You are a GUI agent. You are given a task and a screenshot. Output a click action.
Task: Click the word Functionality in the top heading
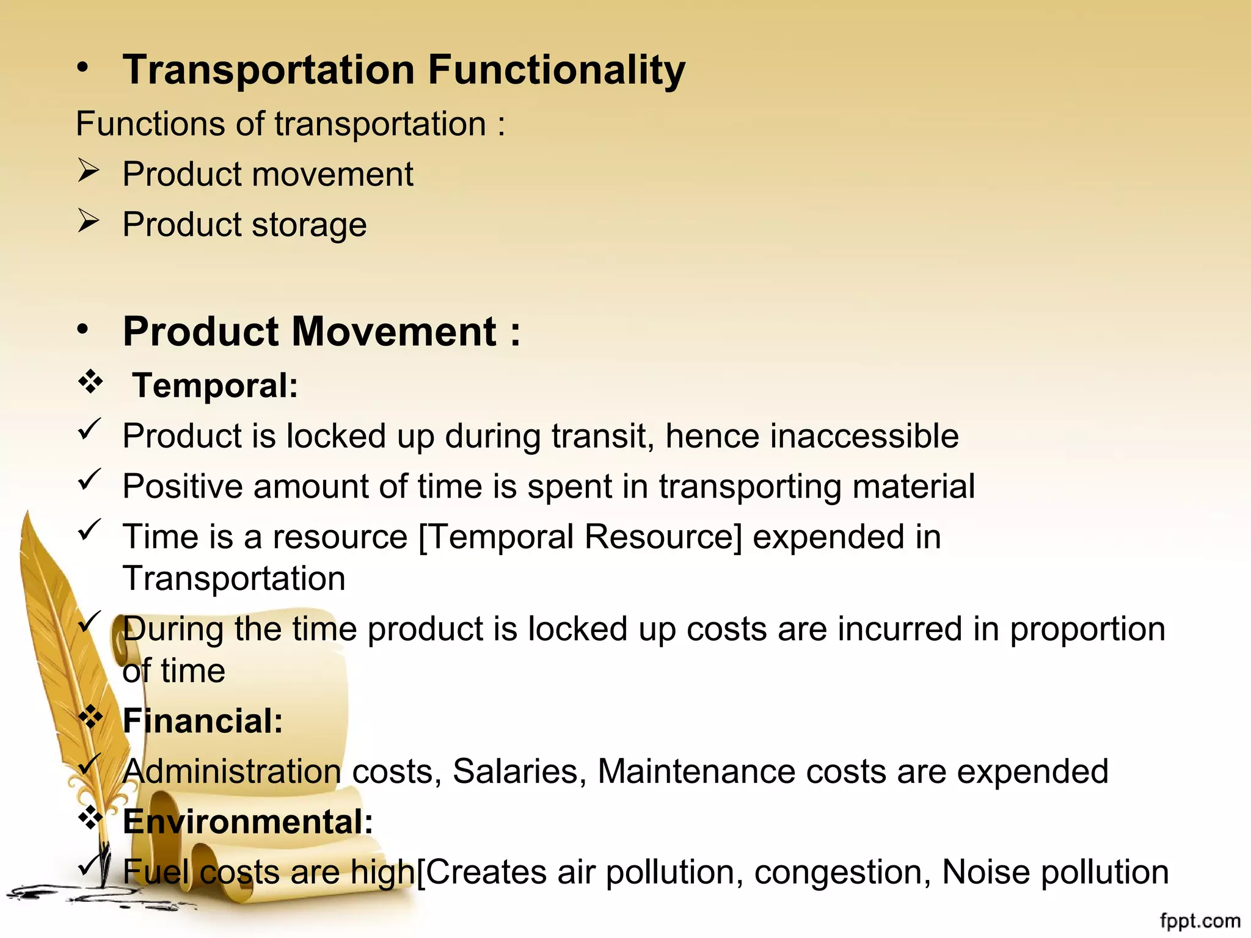[556, 70]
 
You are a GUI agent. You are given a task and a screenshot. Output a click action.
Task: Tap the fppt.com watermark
[1200, 920]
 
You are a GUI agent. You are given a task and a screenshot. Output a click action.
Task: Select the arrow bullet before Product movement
[88, 171]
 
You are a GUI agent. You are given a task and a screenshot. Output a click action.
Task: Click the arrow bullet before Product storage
[88, 221]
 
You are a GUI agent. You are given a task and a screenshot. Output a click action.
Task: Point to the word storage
[309, 225]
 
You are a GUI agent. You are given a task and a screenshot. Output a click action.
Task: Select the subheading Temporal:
[215, 386]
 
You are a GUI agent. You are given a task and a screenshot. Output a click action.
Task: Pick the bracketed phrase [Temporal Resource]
[580, 537]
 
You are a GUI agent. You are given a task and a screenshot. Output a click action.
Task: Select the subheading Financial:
[203, 721]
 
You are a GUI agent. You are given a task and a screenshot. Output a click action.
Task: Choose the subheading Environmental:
[247, 821]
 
